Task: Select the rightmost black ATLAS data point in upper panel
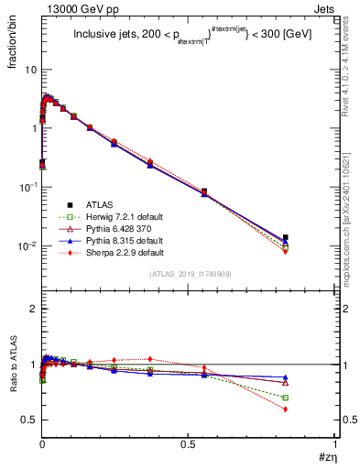[286, 237]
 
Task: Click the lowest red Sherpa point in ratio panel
[286, 409]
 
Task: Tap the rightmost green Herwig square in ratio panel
[286, 398]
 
